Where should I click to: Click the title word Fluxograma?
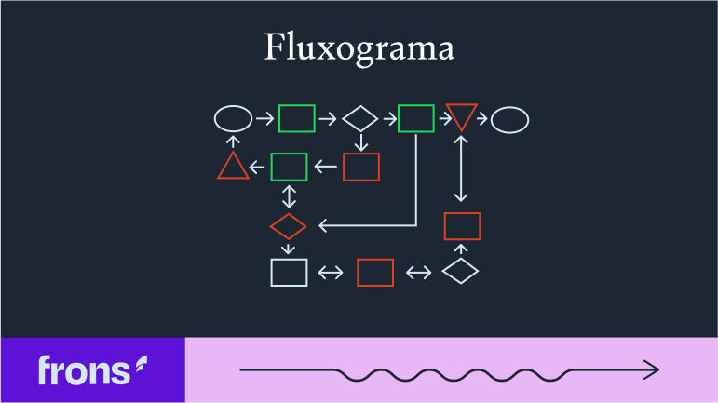pyautogui.click(x=359, y=48)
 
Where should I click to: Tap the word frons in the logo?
pyautogui.click(x=83, y=370)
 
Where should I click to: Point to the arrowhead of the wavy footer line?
pyautogui.click(x=653, y=370)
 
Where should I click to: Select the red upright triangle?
pyautogui.click(x=233, y=168)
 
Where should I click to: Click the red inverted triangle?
pyautogui.click(x=461, y=116)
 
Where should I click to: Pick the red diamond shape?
pyautogui.click(x=288, y=226)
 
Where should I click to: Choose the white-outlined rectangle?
pyautogui.click(x=289, y=273)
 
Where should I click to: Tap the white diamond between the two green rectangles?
pyautogui.click(x=359, y=119)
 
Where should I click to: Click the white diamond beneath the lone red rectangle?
pyautogui.click(x=460, y=272)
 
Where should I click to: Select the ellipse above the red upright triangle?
pyautogui.click(x=233, y=119)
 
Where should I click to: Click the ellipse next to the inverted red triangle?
pyautogui.click(x=509, y=119)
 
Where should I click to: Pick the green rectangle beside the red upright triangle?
pyautogui.click(x=289, y=167)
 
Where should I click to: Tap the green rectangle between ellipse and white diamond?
pyautogui.click(x=296, y=119)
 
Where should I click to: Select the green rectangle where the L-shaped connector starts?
pyautogui.click(x=415, y=119)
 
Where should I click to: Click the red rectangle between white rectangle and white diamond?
pyautogui.click(x=375, y=273)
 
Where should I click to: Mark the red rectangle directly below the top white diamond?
pyautogui.click(x=361, y=167)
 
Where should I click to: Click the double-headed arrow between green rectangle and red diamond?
pyautogui.click(x=289, y=196)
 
